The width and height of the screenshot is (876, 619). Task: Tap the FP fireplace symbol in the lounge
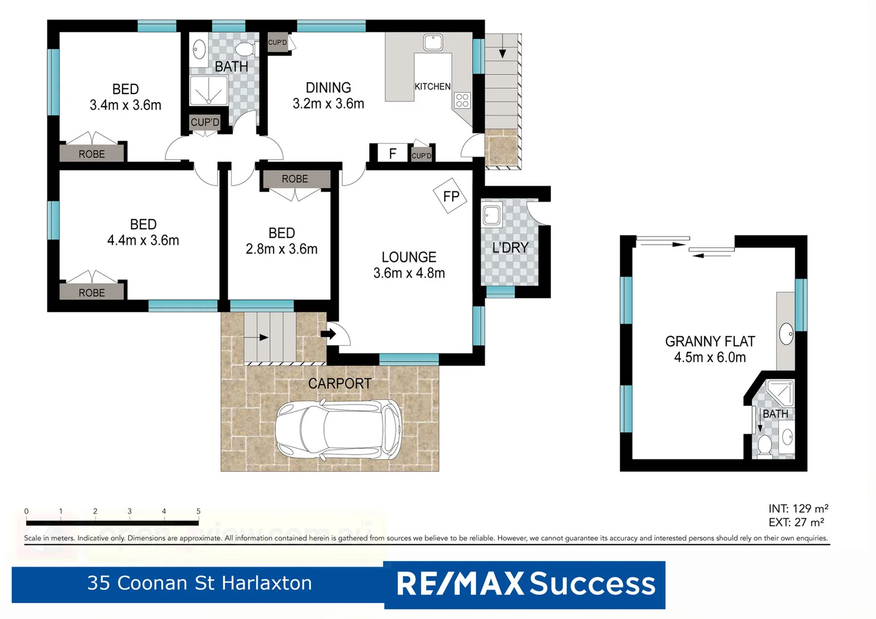click(451, 197)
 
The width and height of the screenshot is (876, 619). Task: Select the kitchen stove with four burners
click(462, 101)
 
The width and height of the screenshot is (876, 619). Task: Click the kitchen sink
click(433, 42)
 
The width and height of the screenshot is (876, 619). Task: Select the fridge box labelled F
click(392, 154)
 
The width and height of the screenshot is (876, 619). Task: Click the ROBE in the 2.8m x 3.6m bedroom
click(295, 179)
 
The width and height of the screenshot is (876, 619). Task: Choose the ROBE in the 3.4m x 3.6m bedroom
click(92, 154)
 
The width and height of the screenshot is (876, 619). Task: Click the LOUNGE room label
click(409, 257)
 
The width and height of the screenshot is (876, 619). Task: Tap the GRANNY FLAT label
click(710, 342)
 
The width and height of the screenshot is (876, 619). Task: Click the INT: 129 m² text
click(798, 509)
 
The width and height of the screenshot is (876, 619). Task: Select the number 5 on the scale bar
click(198, 511)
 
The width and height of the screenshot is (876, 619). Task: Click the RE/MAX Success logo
click(525, 584)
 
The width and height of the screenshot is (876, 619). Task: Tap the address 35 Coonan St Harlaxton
click(200, 583)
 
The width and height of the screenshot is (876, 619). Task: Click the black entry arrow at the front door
click(328, 334)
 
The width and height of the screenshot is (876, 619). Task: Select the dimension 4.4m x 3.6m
click(143, 241)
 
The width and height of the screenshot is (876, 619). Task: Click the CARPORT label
click(339, 383)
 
